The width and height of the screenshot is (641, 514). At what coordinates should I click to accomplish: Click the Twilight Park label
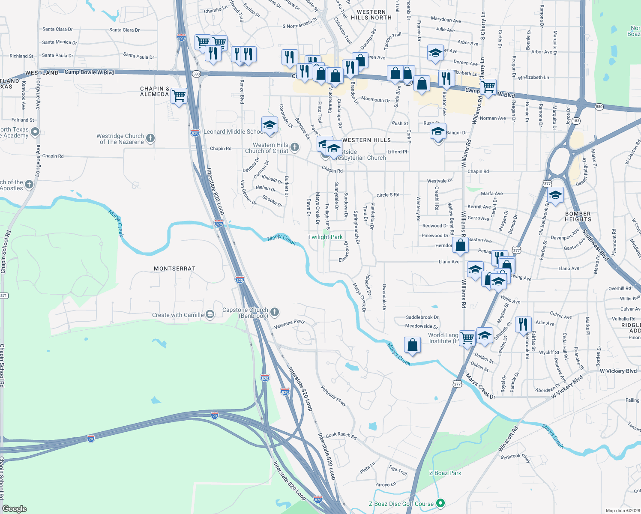pyautogui.click(x=325, y=237)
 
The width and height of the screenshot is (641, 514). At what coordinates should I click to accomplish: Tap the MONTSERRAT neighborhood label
pyautogui.click(x=175, y=269)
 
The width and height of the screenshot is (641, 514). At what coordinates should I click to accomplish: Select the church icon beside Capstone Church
pyautogui.click(x=275, y=312)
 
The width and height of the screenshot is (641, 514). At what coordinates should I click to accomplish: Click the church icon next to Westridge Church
pyautogui.click(x=150, y=138)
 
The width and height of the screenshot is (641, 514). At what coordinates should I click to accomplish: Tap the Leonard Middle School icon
pyautogui.click(x=270, y=125)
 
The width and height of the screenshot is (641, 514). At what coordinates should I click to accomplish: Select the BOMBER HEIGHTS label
pyautogui.click(x=578, y=216)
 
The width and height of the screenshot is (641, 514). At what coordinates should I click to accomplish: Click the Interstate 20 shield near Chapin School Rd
pyautogui.click(x=90, y=439)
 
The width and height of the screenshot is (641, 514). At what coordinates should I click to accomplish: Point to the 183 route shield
pyautogui.click(x=576, y=121)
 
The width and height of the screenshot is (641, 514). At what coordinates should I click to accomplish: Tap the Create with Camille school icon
pyautogui.click(x=210, y=315)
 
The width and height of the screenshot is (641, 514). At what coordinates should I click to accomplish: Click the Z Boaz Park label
pyautogui.click(x=445, y=473)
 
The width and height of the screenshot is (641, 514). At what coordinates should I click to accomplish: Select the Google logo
pyautogui.click(x=15, y=509)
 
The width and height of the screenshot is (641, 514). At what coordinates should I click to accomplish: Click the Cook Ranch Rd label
pyautogui.click(x=341, y=436)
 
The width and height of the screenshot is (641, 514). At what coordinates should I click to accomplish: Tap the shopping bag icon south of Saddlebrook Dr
pyautogui.click(x=412, y=345)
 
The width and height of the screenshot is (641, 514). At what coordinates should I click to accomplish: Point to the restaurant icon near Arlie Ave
pyautogui.click(x=523, y=324)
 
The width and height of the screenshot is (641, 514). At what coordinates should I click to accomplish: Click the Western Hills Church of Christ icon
pyautogui.click(x=295, y=147)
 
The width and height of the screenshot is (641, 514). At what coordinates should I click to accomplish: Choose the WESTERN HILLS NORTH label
pyautogui.click(x=371, y=15)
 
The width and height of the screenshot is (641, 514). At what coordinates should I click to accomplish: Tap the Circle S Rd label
pyautogui.click(x=388, y=195)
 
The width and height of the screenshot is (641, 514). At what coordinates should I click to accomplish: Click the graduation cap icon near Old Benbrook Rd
pyautogui.click(x=555, y=195)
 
